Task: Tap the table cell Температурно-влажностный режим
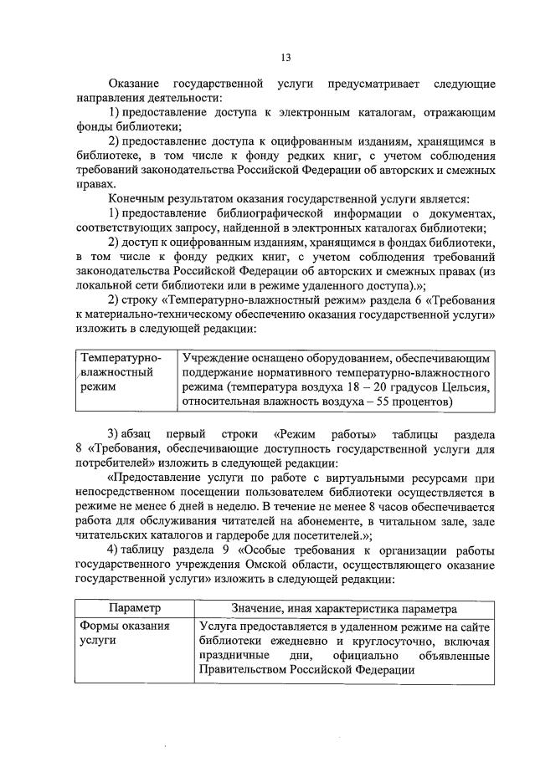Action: point(118,372)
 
